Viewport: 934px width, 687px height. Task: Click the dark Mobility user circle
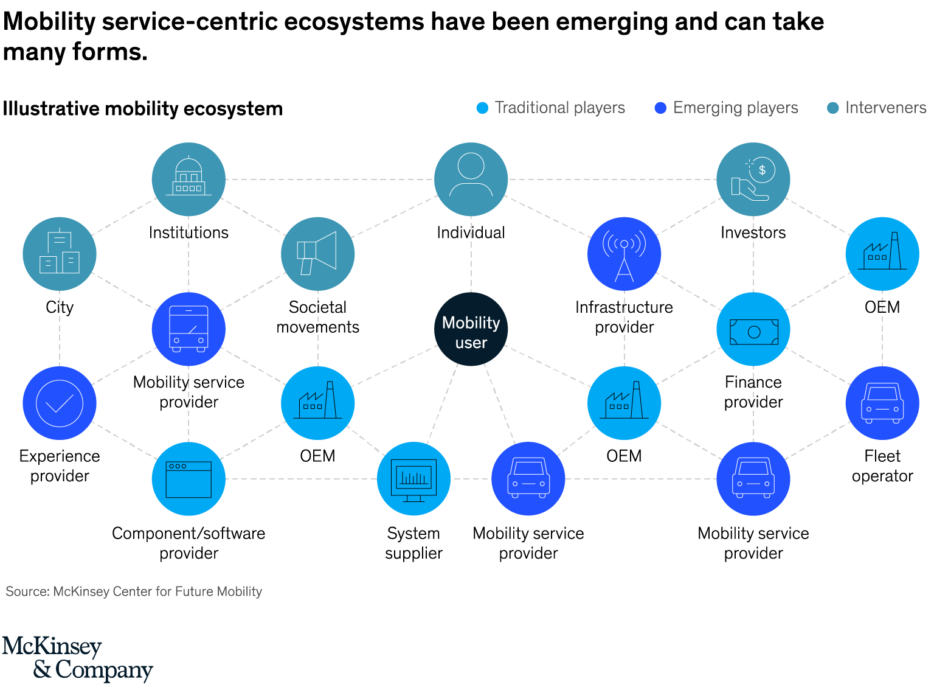point(471,329)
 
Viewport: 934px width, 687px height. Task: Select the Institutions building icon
point(189,179)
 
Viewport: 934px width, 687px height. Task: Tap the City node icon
point(60,254)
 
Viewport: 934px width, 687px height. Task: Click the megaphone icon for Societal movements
point(317,254)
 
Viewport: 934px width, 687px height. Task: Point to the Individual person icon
point(471,179)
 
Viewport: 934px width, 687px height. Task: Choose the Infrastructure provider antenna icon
point(624,254)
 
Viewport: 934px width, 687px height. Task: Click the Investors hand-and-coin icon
point(753,179)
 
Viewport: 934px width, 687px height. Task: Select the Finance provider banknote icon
point(753,329)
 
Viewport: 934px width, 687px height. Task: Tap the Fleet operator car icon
point(882,403)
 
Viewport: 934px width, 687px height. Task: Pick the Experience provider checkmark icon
point(60,403)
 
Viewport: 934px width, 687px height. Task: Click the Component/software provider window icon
point(189,479)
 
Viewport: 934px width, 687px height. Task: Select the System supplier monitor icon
point(413,479)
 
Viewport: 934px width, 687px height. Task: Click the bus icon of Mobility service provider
point(189,329)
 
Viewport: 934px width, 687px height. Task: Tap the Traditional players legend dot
point(482,108)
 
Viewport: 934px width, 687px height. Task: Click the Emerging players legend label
point(735,108)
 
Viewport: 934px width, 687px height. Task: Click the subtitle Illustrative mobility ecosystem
point(143,109)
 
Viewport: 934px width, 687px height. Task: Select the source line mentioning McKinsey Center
point(134,591)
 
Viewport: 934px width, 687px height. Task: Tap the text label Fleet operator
point(882,466)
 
